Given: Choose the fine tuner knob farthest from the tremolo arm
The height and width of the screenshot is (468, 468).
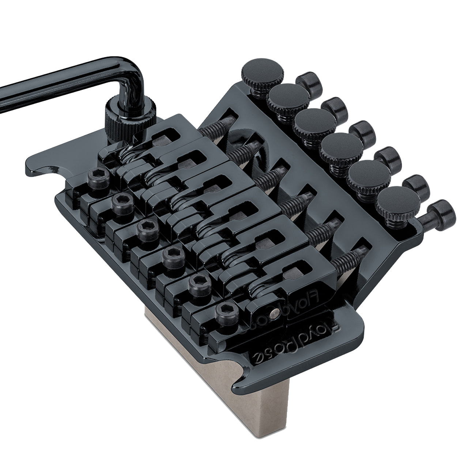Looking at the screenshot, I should coord(395,201).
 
